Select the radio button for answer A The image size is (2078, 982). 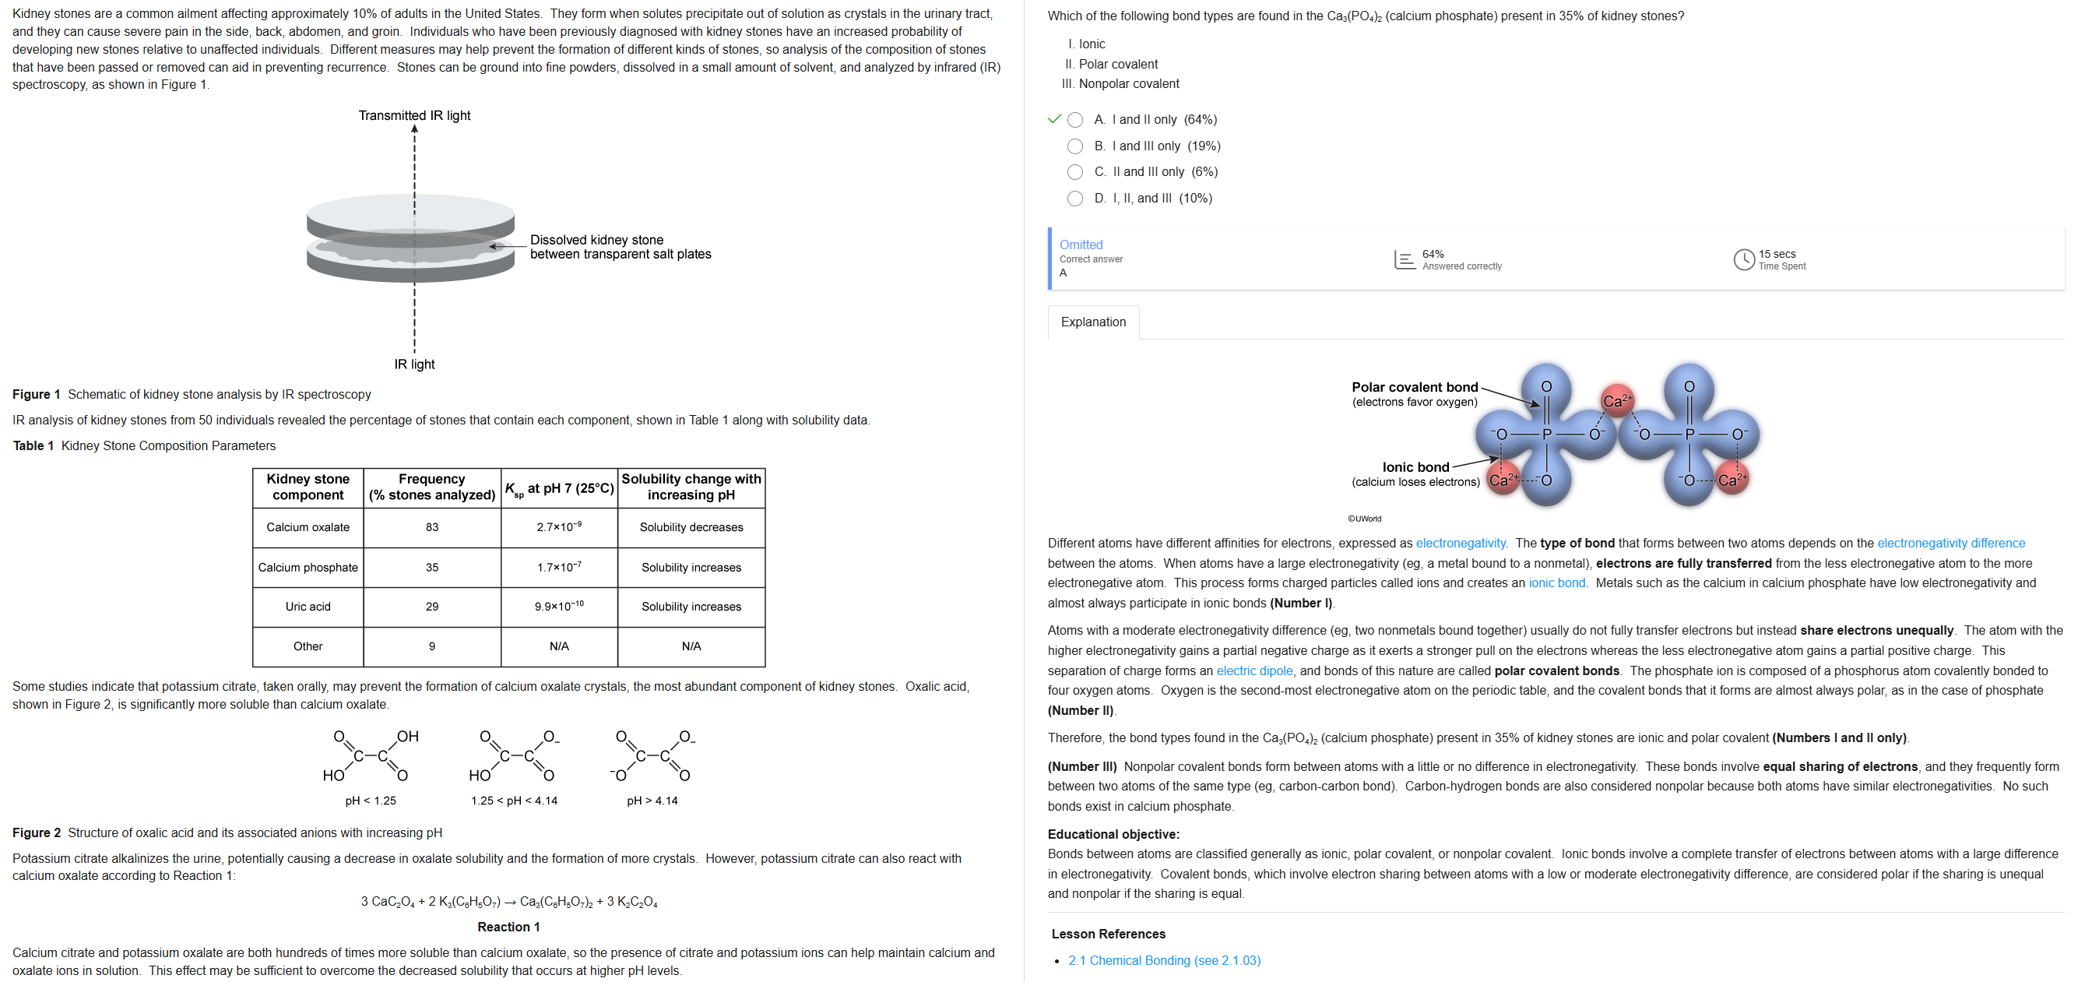[1074, 120]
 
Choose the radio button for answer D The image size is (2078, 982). [1074, 199]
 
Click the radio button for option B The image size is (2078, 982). [1074, 146]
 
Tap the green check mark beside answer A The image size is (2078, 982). [1053, 119]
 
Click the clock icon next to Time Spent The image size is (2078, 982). [1743, 259]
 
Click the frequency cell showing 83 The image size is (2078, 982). [431, 527]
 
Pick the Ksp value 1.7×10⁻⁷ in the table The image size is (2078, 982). [559, 567]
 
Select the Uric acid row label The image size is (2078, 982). [308, 607]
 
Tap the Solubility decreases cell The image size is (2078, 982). [691, 527]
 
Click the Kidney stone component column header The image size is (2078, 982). [308, 487]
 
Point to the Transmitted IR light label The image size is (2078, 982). [415, 115]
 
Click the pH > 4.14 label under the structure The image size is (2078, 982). [652, 801]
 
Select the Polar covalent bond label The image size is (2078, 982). [1414, 387]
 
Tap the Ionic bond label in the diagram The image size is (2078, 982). [1415, 467]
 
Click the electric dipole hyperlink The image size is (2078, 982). [1253, 671]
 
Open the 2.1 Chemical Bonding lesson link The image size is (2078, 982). [1163, 960]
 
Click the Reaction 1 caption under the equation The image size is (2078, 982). [508, 927]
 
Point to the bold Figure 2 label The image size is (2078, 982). [37, 832]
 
